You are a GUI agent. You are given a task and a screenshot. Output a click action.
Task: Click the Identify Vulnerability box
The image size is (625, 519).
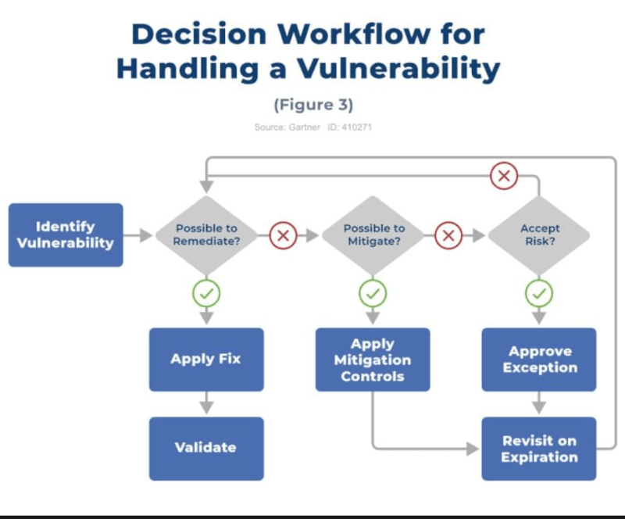(66, 235)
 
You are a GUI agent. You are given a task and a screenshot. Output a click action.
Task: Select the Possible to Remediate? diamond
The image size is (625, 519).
(207, 235)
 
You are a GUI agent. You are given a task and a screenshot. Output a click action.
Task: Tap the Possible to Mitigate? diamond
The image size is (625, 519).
(373, 235)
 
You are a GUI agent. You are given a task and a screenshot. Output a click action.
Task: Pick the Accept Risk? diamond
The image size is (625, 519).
(540, 235)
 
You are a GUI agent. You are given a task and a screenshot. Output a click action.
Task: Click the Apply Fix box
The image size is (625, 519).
(206, 360)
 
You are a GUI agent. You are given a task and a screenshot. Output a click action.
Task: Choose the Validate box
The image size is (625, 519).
(206, 448)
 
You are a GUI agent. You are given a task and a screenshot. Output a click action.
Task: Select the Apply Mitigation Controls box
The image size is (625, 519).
(373, 360)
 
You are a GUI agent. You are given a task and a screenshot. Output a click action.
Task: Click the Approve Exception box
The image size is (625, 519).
(539, 360)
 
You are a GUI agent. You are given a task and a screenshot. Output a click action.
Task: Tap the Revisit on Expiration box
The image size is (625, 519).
(539, 449)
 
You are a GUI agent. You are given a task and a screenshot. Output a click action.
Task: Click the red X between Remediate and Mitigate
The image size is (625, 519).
(282, 235)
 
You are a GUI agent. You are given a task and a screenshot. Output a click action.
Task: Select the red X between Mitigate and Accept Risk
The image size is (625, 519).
(448, 235)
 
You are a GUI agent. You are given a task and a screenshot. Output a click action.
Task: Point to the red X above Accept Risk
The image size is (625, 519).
(504, 176)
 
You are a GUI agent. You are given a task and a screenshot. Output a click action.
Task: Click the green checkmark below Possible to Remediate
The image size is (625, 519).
(207, 294)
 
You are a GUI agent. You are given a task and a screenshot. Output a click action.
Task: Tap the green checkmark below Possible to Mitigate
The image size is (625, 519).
(373, 294)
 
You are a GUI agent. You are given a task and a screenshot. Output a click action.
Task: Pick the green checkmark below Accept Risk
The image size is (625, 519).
(539, 294)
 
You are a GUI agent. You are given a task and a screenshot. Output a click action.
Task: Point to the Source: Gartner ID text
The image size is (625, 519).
(312, 127)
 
